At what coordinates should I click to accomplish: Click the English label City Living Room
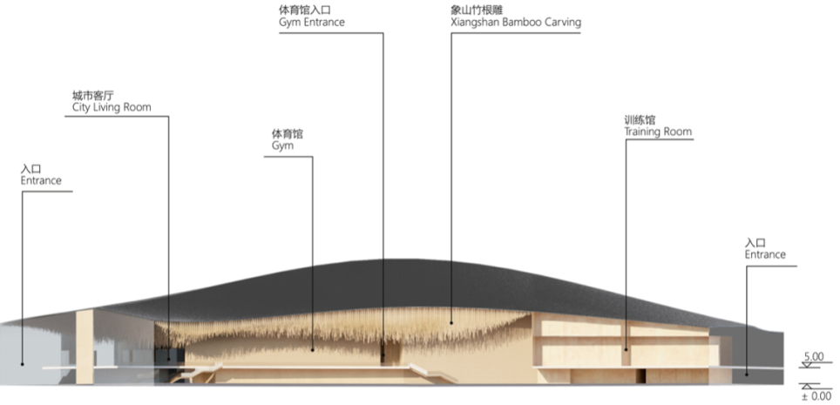coord(112,107)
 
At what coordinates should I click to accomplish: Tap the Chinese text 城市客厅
coord(91,95)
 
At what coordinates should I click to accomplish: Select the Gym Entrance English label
coord(311,22)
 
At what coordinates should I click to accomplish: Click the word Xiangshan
coord(466,22)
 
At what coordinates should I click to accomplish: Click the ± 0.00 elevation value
coord(816,396)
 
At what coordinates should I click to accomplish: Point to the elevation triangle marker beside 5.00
coord(808,367)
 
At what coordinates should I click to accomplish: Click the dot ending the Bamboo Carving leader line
coord(451,322)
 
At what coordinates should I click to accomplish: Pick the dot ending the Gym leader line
coord(313,349)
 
